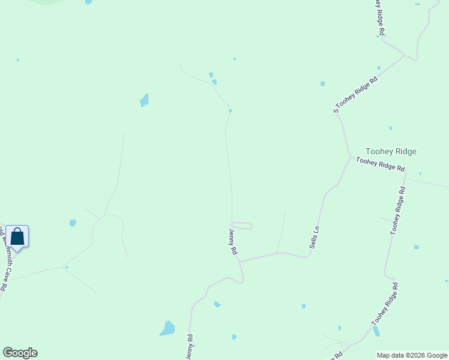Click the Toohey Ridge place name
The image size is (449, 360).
coord(391,152)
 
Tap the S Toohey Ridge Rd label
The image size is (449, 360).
coord(356,94)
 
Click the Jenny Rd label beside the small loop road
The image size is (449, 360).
coord(234,241)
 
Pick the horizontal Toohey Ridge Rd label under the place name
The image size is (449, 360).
coord(380,164)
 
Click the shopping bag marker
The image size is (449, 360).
coord(17,236)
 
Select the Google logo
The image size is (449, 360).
coord(20,353)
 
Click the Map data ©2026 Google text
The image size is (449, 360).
coord(412,355)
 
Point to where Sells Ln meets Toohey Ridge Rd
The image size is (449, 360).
coord(351,158)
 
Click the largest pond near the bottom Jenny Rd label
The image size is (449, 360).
coord(167,328)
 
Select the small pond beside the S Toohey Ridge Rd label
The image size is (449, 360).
coord(323,83)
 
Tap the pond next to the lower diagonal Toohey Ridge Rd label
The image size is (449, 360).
coord(376,331)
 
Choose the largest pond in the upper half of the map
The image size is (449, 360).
coord(144,100)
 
